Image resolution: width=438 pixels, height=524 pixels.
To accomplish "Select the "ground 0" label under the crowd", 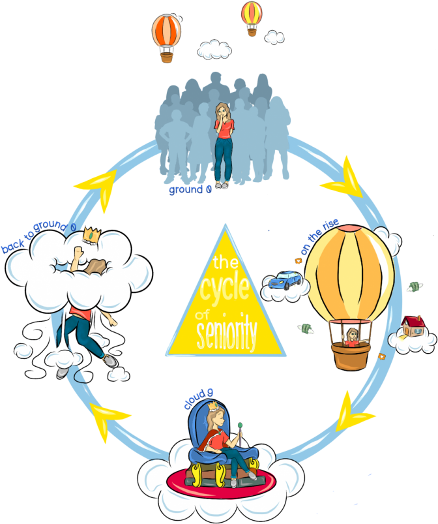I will (190, 190).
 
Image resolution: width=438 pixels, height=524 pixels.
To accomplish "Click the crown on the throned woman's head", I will (212, 407).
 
